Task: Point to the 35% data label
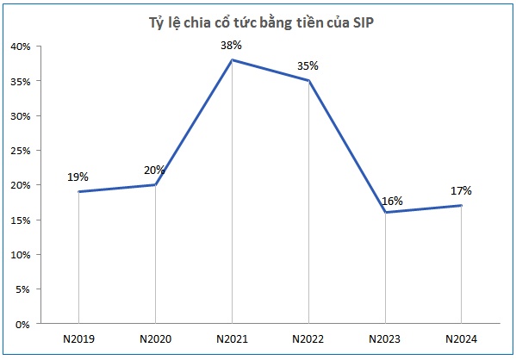point(308,65)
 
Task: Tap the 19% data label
point(78,177)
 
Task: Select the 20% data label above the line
point(154,170)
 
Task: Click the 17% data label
point(461,191)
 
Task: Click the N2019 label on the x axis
point(78,338)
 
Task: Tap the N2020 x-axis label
point(155,338)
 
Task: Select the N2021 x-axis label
point(232,338)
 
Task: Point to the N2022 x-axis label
point(308,338)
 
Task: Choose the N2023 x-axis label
point(385,338)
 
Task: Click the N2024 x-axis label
point(461,338)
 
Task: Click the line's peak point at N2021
point(232,60)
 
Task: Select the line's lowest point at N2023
point(385,213)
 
